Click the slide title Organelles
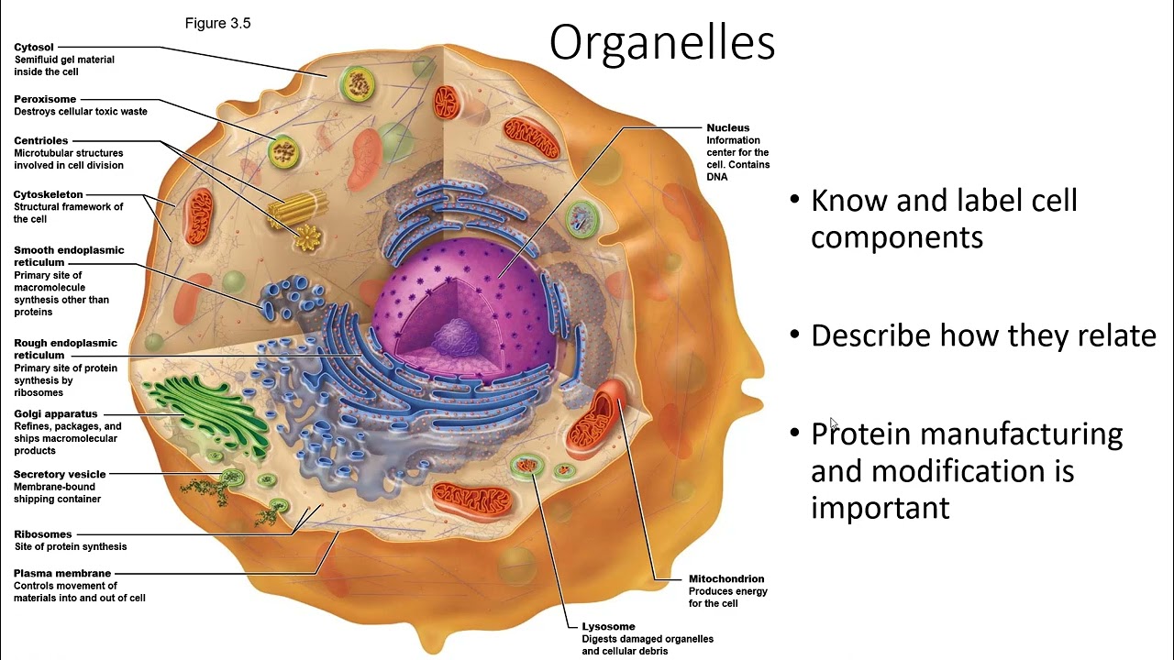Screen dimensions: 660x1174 (x=661, y=43)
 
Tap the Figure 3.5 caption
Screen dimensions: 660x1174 (x=217, y=23)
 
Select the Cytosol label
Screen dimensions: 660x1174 (x=34, y=47)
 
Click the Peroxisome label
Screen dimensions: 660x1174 (x=45, y=99)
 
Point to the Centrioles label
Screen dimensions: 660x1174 (x=40, y=140)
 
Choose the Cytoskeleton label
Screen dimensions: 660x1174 (x=48, y=194)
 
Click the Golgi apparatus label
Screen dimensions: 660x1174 (x=55, y=413)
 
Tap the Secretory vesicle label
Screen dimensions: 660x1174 (x=60, y=474)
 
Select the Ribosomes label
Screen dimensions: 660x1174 (x=42, y=533)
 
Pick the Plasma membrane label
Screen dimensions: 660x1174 (x=61, y=574)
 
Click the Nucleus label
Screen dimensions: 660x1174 (x=727, y=127)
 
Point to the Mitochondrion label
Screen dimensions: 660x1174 (x=725, y=578)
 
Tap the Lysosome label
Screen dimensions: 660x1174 (x=608, y=626)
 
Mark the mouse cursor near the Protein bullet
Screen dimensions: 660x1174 (x=833, y=423)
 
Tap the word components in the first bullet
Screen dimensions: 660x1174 (x=896, y=237)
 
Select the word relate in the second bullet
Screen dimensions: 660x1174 (x=1112, y=335)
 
